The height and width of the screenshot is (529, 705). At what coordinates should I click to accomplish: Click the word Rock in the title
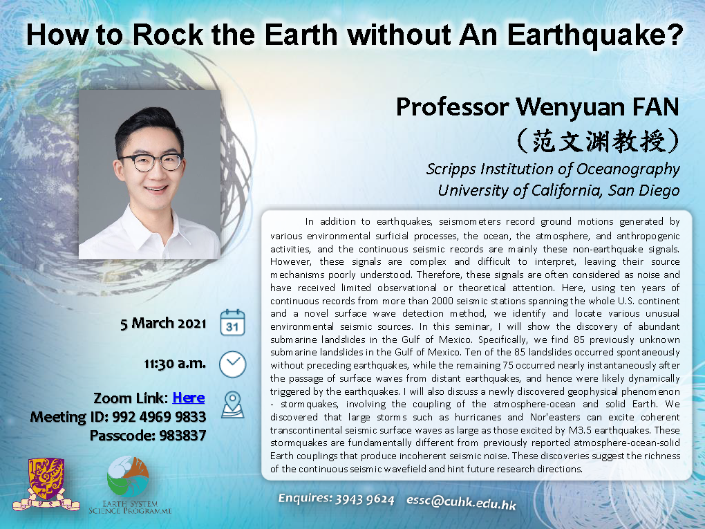[x=168, y=35]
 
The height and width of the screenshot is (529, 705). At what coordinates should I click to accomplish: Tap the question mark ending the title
[x=674, y=35]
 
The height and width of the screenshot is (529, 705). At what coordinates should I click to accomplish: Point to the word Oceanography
[x=628, y=169]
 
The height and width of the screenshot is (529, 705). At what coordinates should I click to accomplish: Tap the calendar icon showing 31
[x=232, y=322]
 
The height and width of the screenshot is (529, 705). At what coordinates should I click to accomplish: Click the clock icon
[x=232, y=364]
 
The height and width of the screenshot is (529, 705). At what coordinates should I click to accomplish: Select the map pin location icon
[x=232, y=405]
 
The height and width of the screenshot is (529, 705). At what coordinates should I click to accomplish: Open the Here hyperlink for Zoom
[x=189, y=398]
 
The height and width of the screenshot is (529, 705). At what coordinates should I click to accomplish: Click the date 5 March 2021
[x=163, y=324]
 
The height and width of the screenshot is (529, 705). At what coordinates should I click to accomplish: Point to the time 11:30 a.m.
[x=175, y=364]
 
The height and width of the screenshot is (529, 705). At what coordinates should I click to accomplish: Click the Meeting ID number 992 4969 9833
[x=159, y=417]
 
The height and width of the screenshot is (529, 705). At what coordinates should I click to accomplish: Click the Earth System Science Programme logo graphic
[x=128, y=477]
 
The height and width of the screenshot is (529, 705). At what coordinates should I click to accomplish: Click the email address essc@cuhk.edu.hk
[x=461, y=501]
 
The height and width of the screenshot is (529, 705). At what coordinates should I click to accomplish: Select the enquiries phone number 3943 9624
[x=365, y=499]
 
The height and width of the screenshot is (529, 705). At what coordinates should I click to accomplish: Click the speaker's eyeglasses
[x=151, y=162]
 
